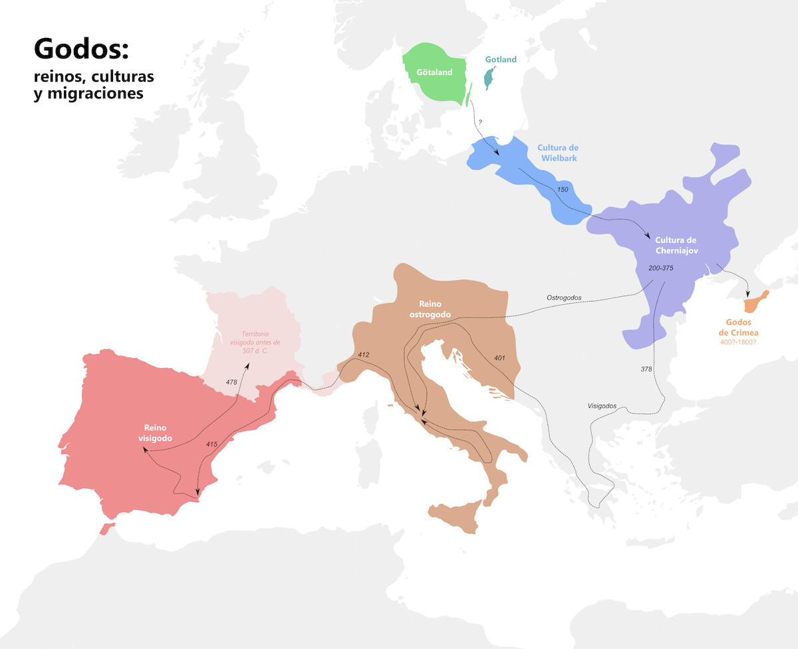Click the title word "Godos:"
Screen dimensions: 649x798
[80, 50]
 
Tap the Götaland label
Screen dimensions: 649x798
[434, 72]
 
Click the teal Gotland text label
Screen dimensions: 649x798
[501, 60]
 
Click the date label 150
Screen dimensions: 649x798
[563, 190]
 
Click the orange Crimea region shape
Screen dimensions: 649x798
[755, 302]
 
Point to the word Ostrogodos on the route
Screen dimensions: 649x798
[564, 298]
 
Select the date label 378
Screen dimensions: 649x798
[646, 369]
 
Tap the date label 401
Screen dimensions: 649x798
[499, 358]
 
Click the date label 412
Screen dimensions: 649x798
[363, 354]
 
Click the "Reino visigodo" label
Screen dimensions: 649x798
[158, 433]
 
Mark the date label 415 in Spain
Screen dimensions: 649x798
[211, 444]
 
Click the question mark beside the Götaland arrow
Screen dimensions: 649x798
[479, 123]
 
